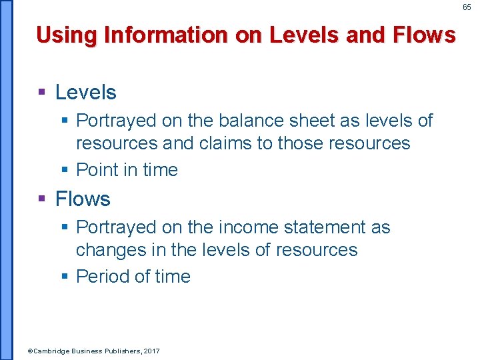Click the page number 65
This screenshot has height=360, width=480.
pos(467,7)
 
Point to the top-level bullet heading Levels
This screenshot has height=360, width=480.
pos(85,93)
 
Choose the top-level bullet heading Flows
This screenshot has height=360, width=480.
pos(83,199)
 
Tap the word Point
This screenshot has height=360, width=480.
pos(99,170)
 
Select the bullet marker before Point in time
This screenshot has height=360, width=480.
pos(64,170)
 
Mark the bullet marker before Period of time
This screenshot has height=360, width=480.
pos(64,277)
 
